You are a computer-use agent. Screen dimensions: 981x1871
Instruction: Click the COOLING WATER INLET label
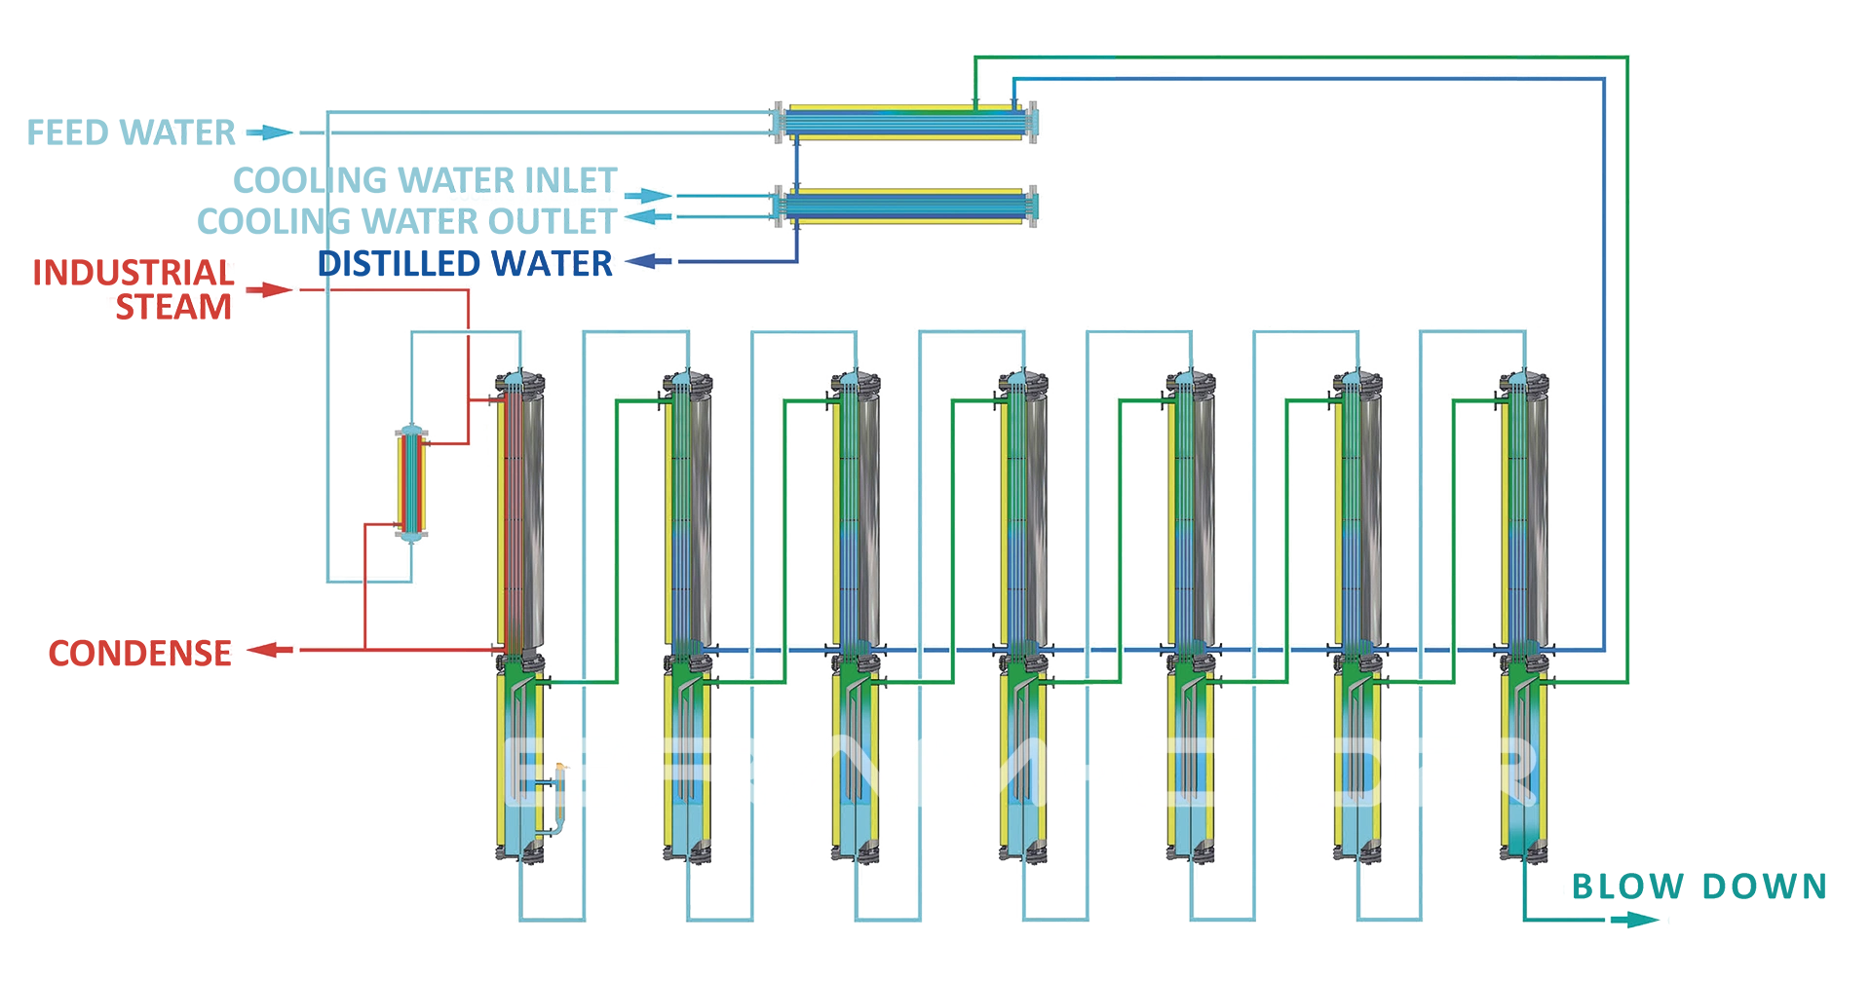click(531, 196)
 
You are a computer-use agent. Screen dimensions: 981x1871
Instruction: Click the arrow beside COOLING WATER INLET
click(646, 196)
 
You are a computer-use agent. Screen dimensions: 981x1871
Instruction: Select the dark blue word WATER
click(554, 263)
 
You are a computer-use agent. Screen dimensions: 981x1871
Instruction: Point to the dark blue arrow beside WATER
click(646, 262)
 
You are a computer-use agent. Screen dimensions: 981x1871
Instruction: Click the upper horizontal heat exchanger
click(906, 123)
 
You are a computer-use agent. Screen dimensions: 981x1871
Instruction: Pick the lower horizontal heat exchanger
click(906, 208)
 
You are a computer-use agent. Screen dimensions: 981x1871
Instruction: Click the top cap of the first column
click(517, 380)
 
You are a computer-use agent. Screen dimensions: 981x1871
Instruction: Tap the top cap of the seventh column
click(1523, 380)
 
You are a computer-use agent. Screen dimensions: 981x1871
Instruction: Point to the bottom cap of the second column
click(689, 854)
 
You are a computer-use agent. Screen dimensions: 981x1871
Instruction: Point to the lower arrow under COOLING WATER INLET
click(646, 217)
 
